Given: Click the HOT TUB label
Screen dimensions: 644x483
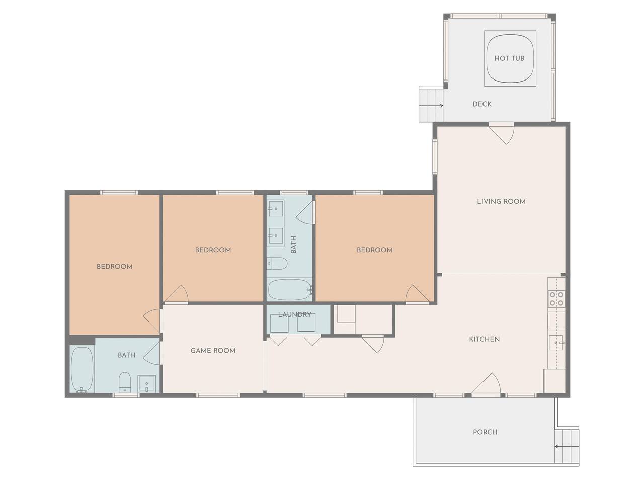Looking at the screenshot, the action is click(509, 58).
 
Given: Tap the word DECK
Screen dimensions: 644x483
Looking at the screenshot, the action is click(482, 104).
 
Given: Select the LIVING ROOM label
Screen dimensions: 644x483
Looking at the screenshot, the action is click(501, 201).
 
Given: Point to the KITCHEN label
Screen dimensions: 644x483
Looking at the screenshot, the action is click(484, 339).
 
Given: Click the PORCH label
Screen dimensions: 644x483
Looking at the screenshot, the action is click(485, 432).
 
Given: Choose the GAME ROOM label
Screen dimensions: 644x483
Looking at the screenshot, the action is click(213, 351).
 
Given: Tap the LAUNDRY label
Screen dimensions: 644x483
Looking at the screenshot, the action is click(294, 314).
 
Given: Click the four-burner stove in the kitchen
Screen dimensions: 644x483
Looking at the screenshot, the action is click(556, 298).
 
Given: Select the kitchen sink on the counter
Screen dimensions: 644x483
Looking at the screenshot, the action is click(556, 343).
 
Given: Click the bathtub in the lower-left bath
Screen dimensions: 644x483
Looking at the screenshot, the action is click(83, 369).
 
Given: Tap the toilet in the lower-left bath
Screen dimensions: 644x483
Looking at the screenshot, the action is click(125, 382).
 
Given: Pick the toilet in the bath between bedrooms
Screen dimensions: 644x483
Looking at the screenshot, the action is click(277, 263).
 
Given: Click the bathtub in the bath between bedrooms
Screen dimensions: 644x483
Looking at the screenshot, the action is click(289, 289).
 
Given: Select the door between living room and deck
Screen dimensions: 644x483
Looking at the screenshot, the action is click(502, 133).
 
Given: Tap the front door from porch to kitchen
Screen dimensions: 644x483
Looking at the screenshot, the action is click(486, 384).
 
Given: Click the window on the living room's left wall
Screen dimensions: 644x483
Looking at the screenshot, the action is click(435, 157).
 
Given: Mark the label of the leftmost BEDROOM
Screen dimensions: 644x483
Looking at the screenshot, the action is click(114, 266).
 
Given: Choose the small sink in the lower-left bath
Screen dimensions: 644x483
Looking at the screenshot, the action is click(147, 383).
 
